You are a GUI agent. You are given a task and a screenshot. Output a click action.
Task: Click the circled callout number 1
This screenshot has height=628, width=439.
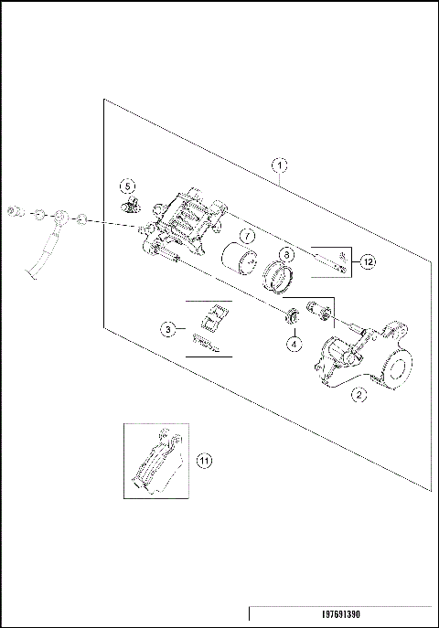pos(281,165)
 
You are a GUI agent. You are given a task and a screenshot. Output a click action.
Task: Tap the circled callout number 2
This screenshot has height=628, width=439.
pos(359,395)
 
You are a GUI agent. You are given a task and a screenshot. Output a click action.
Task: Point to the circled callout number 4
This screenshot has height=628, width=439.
pos(294,344)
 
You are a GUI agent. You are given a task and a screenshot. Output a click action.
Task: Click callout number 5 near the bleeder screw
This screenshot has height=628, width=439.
pos(128,186)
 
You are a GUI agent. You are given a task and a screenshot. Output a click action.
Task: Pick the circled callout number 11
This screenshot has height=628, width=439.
pos(205,461)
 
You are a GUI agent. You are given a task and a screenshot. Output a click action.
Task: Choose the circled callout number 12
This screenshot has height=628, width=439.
pos(366,262)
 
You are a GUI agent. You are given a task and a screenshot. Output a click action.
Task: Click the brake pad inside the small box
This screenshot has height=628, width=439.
pos(157,468)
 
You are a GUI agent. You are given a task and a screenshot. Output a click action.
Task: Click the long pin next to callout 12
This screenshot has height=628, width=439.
pos(325,261)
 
